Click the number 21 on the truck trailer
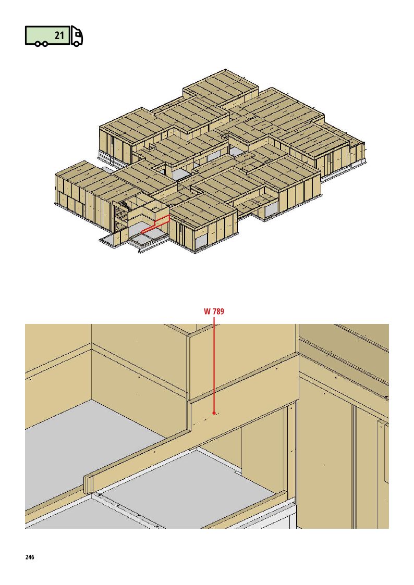coord(60,35)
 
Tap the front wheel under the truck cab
coord(76,43)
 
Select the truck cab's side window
coord(78,35)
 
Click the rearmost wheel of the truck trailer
coord(38,44)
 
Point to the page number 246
coord(30,557)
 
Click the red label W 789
coord(214,311)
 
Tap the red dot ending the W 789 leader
coord(214,413)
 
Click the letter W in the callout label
coord(208,311)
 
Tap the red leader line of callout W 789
coord(214,364)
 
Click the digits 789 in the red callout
coord(219,311)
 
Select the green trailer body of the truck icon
coord(47,35)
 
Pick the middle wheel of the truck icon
coord(44,44)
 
